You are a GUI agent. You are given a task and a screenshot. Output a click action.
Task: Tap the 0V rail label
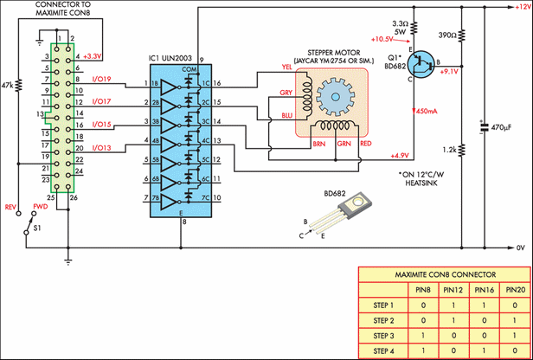point(519,248)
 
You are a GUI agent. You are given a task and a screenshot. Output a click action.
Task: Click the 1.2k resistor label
point(446,150)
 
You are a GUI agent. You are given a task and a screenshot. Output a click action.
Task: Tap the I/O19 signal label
point(103,80)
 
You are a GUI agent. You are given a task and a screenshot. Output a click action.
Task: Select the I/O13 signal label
point(103,148)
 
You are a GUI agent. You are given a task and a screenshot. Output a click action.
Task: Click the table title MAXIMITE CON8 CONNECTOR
point(444,276)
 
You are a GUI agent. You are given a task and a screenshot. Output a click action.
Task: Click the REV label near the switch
point(12,208)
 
